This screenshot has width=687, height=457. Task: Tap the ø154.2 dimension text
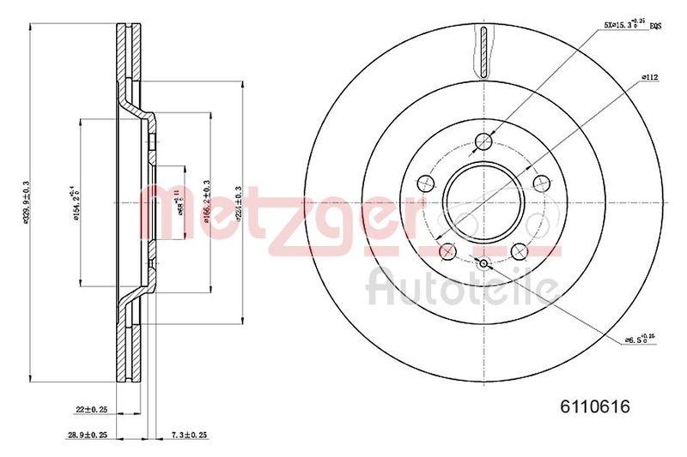click(76, 203)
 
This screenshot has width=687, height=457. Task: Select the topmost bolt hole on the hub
click(483, 141)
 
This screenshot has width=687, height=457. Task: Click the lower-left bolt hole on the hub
click(447, 250)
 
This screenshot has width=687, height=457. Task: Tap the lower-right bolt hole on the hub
click(519, 250)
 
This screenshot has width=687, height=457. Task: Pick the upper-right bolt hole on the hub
click(541, 182)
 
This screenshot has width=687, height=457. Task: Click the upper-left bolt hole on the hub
click(424, 182)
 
